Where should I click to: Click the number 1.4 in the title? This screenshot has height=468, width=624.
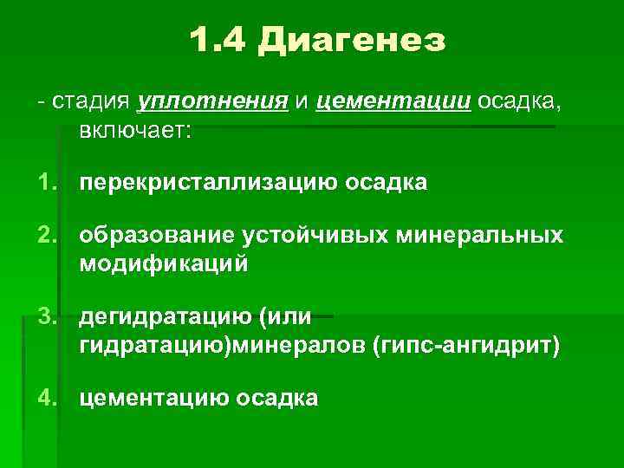coord(216,40)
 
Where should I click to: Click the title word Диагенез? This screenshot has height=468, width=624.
coord(352,40)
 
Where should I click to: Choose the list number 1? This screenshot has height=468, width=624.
coord(49,183)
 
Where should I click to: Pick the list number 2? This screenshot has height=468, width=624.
coord(49,237)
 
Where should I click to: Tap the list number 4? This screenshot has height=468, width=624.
coord(49,399)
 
